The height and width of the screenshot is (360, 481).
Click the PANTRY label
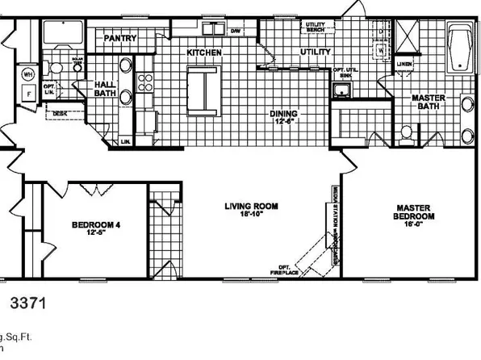tap(119, 39)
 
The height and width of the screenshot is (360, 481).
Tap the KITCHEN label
tap(204, 52)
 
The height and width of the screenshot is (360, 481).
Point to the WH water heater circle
tap(27, 73)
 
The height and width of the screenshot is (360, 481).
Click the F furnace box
tap(27, 94)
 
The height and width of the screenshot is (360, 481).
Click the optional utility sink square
tap(342, 89)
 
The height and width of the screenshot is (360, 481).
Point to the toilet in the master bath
tap(408, 132)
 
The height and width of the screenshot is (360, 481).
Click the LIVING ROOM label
tap(251, 210)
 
